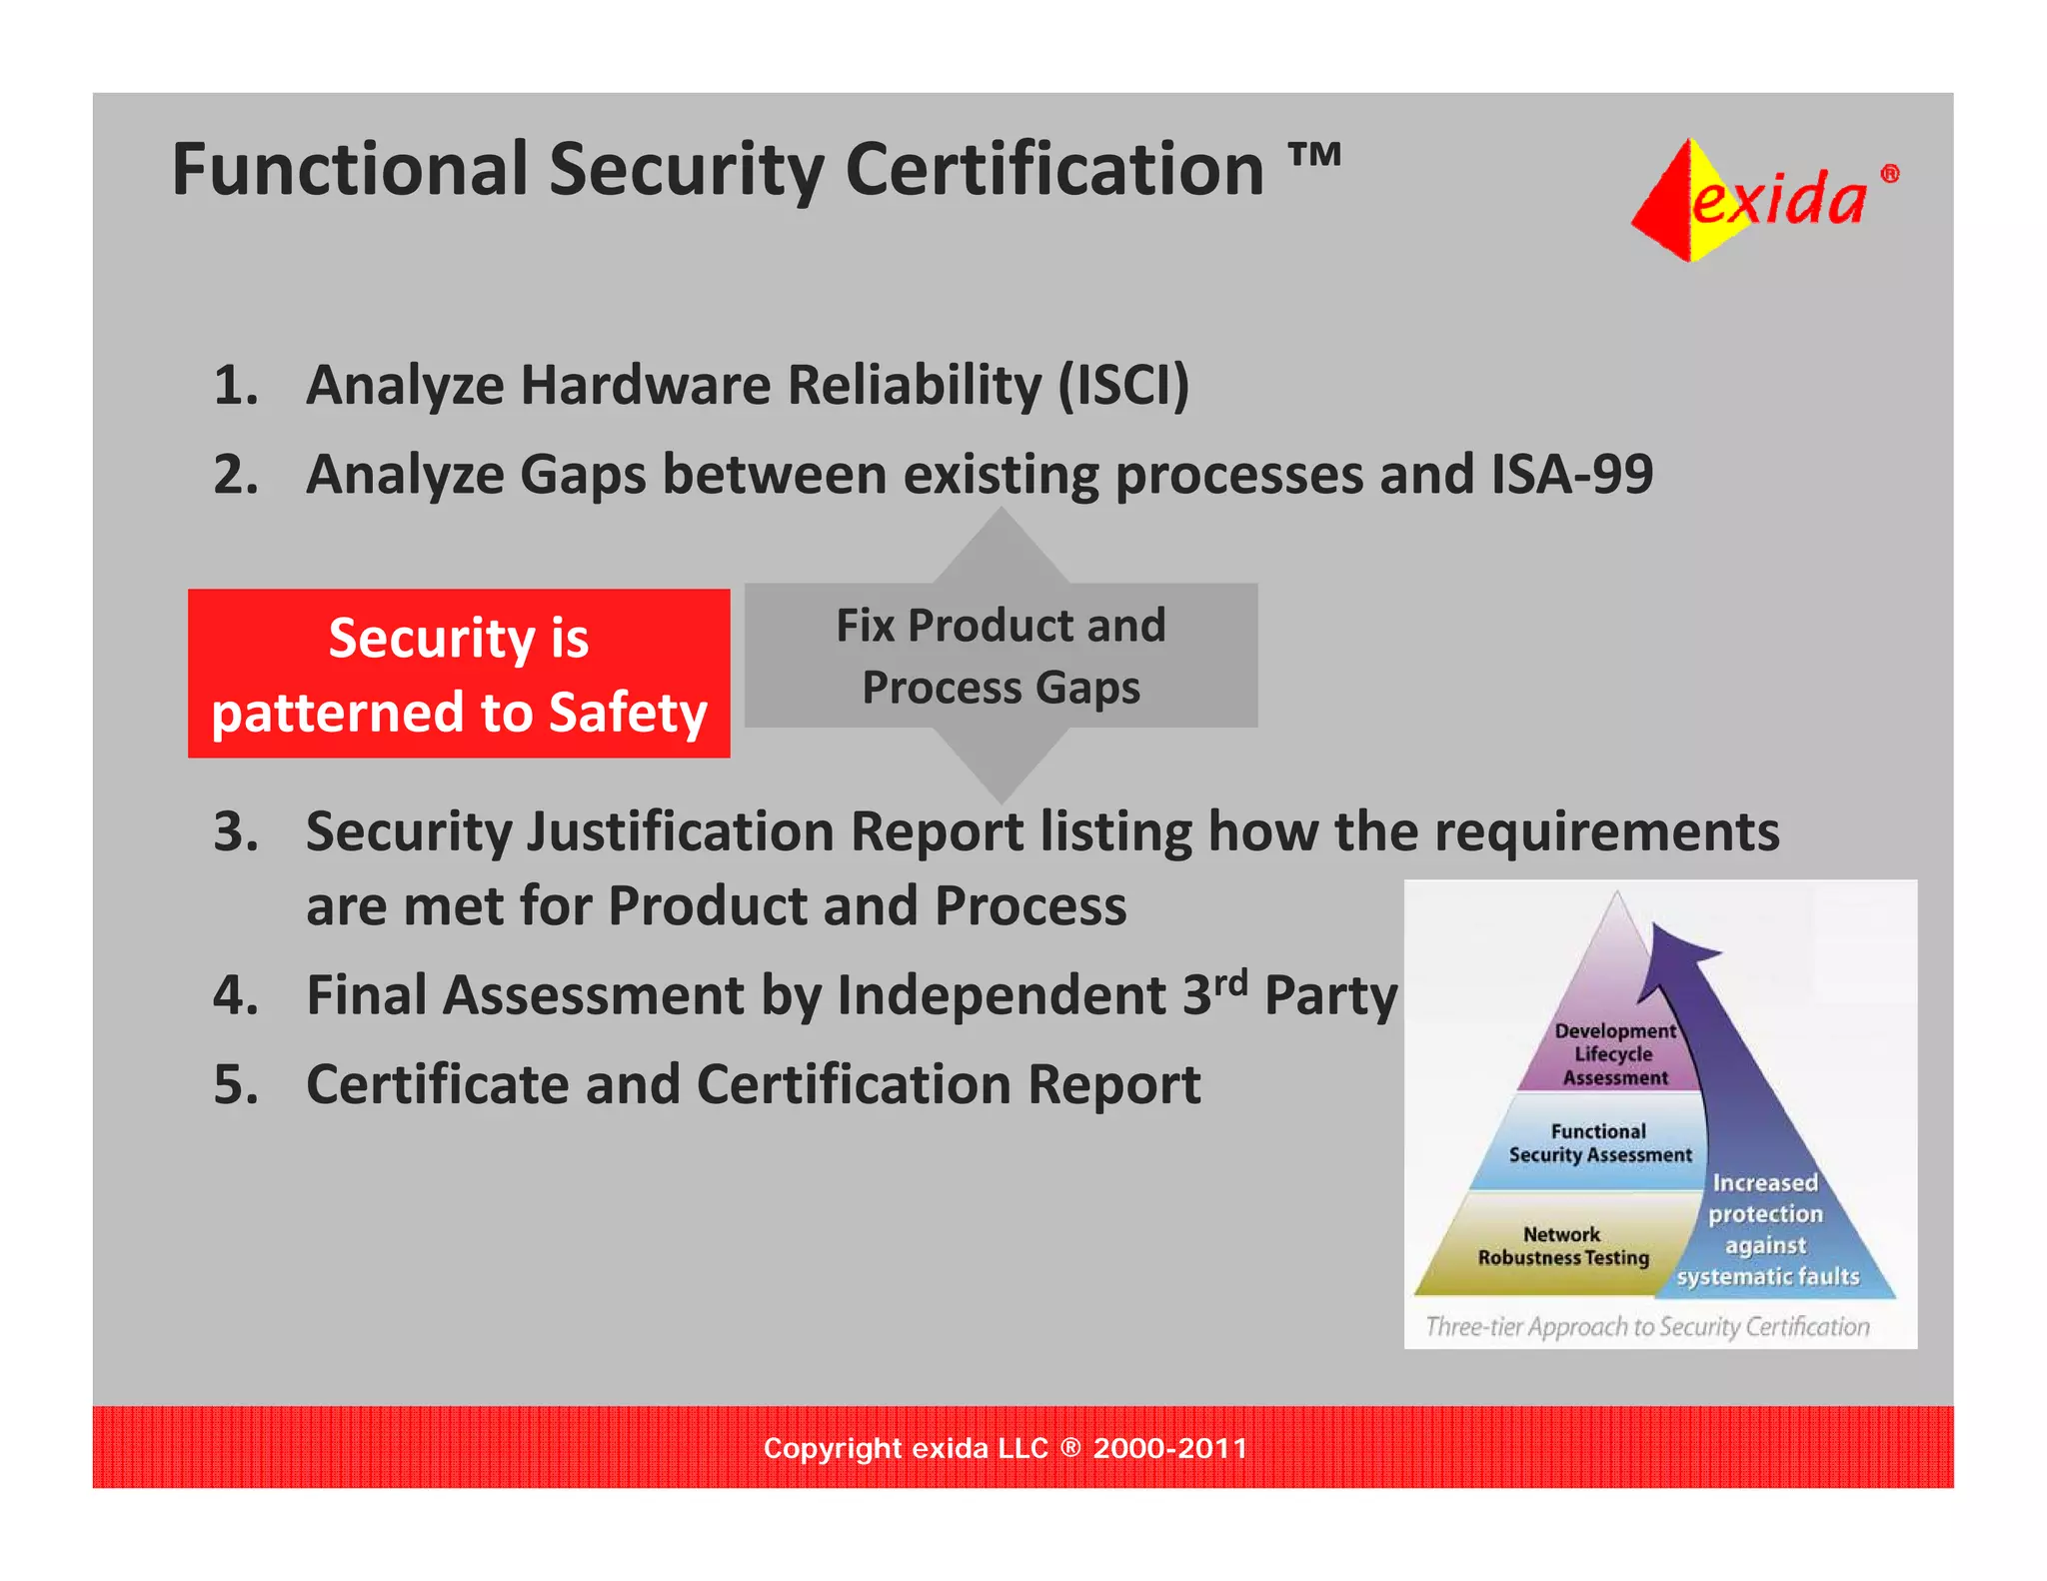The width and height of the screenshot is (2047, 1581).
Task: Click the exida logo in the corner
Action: click(x=1764, y=199)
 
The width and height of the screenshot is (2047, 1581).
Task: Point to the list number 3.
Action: click(x=235, y=831)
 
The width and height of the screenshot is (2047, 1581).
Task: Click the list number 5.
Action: click(x=235, y=1084)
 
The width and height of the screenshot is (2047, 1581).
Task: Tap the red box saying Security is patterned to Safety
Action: click(x=459, y=674)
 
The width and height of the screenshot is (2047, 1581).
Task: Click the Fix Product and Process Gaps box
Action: click(x=1001, y=656)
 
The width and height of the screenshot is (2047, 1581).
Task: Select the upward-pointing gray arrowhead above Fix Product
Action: click(x=1001, y=545)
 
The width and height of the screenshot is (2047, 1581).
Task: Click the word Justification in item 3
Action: click(x=680, y=831)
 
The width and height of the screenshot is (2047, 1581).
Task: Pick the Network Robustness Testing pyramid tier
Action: click(x=1561, y=1246)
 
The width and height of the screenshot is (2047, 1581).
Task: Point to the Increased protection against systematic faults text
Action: click(x=1766, y=1229)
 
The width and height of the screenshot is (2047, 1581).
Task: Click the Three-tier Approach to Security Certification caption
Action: click(x=1646, y=1326)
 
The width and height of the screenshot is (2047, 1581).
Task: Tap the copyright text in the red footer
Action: click(x=1005, y=1448)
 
